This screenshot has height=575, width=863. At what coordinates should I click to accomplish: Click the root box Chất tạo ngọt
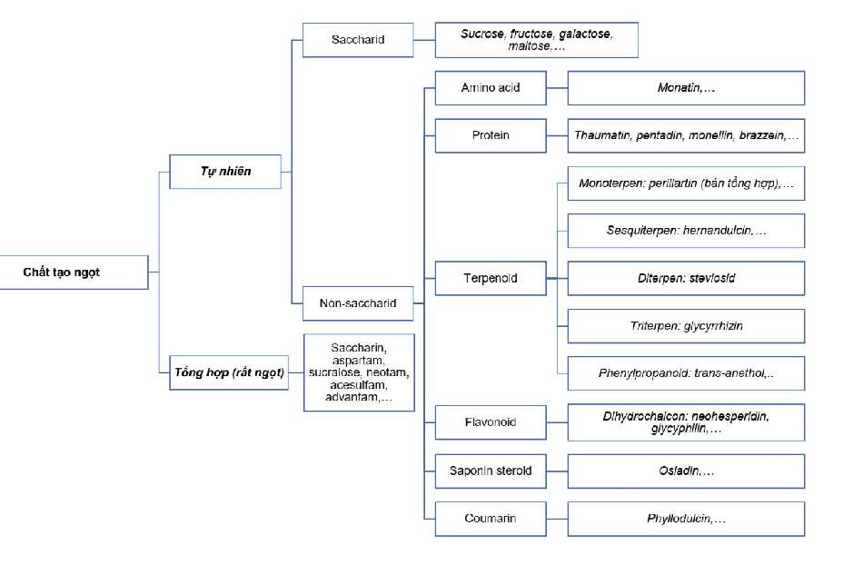click(74, 272)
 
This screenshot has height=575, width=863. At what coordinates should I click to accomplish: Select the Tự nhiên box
click(225, 171)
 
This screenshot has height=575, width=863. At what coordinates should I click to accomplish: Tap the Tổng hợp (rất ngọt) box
click(228, 372)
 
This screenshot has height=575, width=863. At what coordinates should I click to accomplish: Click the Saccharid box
click(357, 40)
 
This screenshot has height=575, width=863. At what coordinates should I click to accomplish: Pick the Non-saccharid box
click(357, 303)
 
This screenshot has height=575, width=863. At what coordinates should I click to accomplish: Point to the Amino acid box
click(491, 88)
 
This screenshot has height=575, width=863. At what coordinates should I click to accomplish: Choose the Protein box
click(491, 135)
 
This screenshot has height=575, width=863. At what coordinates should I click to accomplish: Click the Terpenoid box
click(491, 278)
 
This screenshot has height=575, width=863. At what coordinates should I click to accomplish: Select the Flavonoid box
click(491, 422)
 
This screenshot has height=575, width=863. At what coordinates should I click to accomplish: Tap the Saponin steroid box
click(491, 471)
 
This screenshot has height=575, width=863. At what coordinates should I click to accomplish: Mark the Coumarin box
click(491, 519)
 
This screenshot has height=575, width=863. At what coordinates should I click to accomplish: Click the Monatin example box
click(686, 88)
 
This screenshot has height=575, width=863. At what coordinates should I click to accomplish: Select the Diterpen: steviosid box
click(686, 278)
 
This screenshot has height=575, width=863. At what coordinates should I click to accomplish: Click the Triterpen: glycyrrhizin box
click(686, 325)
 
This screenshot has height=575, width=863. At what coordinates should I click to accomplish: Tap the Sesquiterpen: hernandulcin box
click(686, 231)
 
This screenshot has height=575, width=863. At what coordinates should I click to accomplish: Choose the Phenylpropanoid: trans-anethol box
click(686, 373)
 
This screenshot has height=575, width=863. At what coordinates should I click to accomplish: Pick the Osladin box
click(686, 471)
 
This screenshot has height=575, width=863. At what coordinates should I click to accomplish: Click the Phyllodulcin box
click(686, 519)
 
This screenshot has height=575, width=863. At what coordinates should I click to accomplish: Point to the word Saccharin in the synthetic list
click(360, 348)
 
